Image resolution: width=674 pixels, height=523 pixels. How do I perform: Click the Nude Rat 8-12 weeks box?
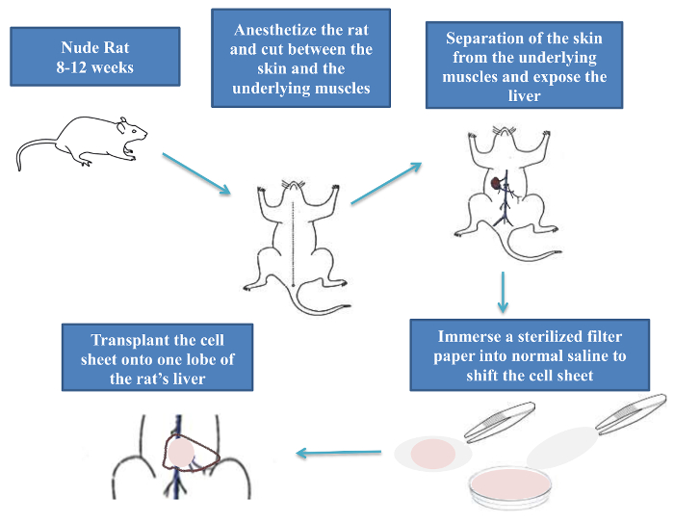[x=95, y=57]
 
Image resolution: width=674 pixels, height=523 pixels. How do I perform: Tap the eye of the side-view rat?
[x=134, y=130]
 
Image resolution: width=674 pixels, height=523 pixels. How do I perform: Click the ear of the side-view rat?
[x=122, y=125]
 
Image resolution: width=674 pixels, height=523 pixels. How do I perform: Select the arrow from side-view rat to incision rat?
[x=196, y=173]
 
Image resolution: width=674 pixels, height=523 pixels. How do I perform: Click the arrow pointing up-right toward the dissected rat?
[x=386, y=183]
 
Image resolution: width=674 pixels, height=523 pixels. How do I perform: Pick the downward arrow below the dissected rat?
[x=503, y=292]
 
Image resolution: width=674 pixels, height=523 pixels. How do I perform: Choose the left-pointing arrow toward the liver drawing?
[x=339, y=453]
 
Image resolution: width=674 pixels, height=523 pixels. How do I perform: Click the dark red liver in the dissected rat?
[x=496, y=183]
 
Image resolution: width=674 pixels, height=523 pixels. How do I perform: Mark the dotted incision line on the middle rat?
[x=293, y=244]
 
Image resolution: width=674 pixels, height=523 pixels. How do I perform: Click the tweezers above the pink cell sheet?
[x=500, y=422]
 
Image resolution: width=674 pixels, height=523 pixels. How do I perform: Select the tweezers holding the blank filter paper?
[x=631, y=414]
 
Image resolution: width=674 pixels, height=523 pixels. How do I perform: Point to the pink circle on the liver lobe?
[x=181, y=452]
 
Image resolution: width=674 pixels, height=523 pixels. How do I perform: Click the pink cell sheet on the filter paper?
[x=433, y=454]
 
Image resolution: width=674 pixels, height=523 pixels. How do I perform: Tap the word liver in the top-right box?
[x=524, y=96]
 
